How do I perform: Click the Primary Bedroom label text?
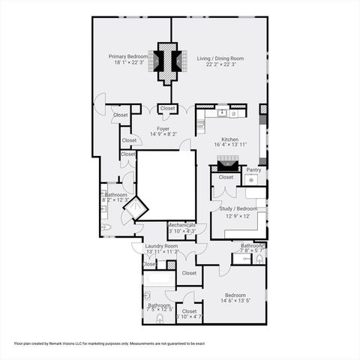coord(127,56)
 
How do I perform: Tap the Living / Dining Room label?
coord(220,58)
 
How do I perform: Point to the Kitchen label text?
coord(229,139)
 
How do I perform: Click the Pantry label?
coord(255,170)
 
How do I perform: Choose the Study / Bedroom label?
coord(238,208)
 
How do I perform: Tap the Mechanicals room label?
coord(181,224)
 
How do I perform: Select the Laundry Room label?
coord(161,245)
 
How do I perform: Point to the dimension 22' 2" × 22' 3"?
coord(220,64)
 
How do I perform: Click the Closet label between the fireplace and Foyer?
coord(167,108)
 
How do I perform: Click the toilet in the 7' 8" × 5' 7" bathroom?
coord(259,259)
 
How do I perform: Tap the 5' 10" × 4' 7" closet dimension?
coord(188,317)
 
